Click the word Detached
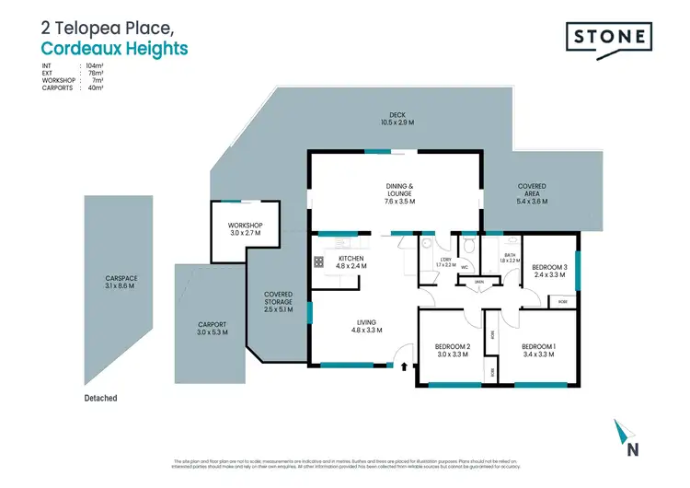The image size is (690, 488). [x=99, y=398]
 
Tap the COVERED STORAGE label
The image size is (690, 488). [x=278, y=300]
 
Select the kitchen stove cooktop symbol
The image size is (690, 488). [x=319, y=261]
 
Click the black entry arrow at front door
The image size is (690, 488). [x=404, y=365]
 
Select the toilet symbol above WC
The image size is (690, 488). [x=468, y=245]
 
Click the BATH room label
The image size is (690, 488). [x=512, y=258]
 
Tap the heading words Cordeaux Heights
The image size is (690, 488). [x=115, y=47]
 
